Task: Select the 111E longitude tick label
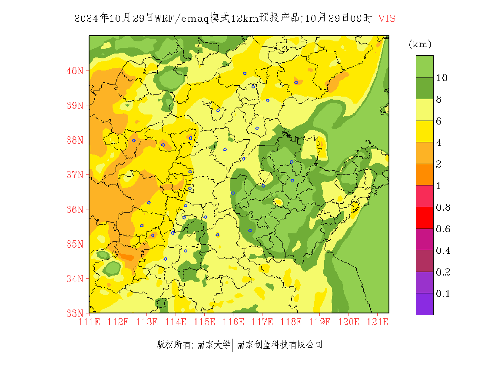[89, 322]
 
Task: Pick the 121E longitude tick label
[377, 322]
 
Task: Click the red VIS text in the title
[387, 18]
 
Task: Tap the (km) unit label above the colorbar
[420, 44]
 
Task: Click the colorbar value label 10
[442, 78]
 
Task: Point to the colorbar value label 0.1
[443, 294]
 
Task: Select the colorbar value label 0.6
[443, 229]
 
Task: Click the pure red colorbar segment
[425, 218]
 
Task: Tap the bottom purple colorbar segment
[425, 304]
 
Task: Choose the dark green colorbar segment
[425, 88]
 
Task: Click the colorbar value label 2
[439, 164]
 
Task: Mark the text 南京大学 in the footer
[213, 345]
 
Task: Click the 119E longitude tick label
[319, 322]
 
